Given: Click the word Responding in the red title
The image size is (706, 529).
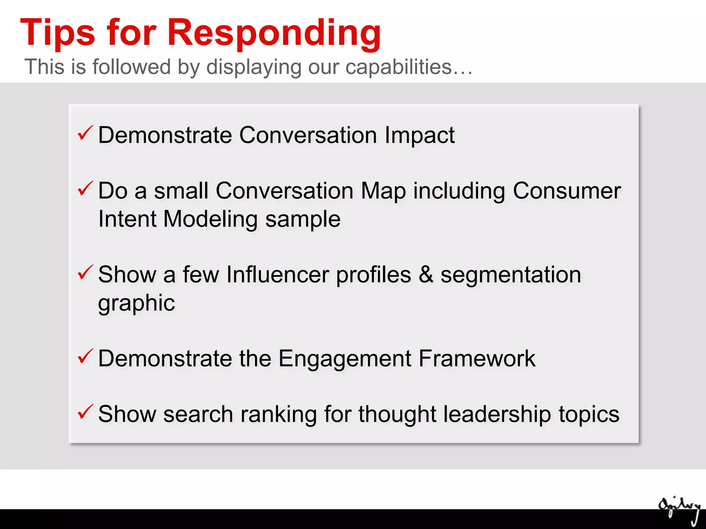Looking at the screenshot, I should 274,33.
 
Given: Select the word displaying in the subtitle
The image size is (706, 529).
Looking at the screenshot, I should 254,68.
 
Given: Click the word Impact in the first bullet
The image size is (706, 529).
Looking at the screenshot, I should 420,135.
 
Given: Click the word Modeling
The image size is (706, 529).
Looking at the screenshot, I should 210,219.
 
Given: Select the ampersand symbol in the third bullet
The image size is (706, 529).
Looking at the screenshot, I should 426,274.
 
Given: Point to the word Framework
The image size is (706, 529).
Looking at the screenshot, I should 477,359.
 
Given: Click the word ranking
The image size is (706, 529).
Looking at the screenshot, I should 279,414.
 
